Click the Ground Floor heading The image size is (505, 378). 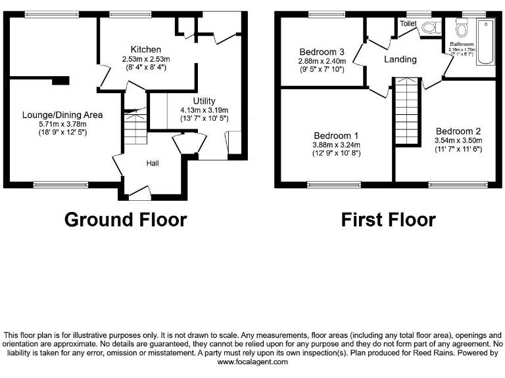tap(126, 219)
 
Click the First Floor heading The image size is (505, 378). tap(388, 219)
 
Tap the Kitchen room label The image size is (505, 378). tap(145, 50)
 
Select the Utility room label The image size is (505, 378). tap(204, 100)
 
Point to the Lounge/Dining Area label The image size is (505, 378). tap(62, 115)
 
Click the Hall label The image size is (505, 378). tap(153, 163)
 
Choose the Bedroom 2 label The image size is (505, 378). tap(458, 131)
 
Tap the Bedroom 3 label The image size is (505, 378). tap(322, 52)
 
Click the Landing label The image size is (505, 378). tap(400, 59)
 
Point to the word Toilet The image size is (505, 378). tap(408, 24)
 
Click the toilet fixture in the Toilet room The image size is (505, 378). tap(431, 28)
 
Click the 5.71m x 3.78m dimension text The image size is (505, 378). tap(62, 123)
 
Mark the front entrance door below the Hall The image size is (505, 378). tap(139, 192)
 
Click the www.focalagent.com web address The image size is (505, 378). tap(252, 362)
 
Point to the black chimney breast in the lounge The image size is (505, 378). tap(60, 81)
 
